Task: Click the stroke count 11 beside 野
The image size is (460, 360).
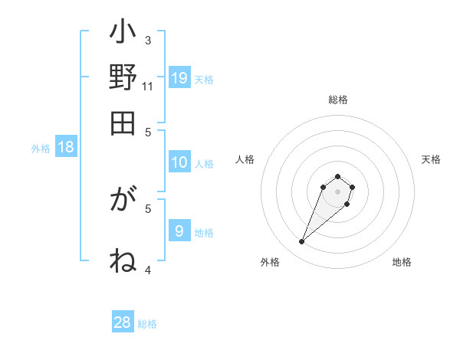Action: click(x=148, y=86)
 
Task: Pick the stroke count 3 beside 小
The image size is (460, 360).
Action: click(x=148, y=40)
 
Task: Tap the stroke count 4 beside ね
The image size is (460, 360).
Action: click(x=148, y=269)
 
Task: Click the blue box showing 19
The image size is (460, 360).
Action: click(x=179, y=77)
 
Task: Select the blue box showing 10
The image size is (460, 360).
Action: click(x=179, y=162)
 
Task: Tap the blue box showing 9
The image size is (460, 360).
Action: click(x=179, y=231)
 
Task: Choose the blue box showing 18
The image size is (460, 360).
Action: click(x=66, y=147)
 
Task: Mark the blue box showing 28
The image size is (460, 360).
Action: click(x=123, y=322)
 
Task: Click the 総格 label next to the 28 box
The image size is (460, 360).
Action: click(x=147, y=324)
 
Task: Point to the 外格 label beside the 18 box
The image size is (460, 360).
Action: click(x=41, y=149)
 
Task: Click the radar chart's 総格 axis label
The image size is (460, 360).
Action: click(x=338, y=100)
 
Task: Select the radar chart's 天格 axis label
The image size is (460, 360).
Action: click(x=431, y=159)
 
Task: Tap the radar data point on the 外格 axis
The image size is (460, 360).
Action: click(x=302, y=242)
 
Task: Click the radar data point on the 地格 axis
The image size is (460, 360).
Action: click(x=347, y=205)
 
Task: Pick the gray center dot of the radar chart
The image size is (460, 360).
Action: click(x=337, y=191)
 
